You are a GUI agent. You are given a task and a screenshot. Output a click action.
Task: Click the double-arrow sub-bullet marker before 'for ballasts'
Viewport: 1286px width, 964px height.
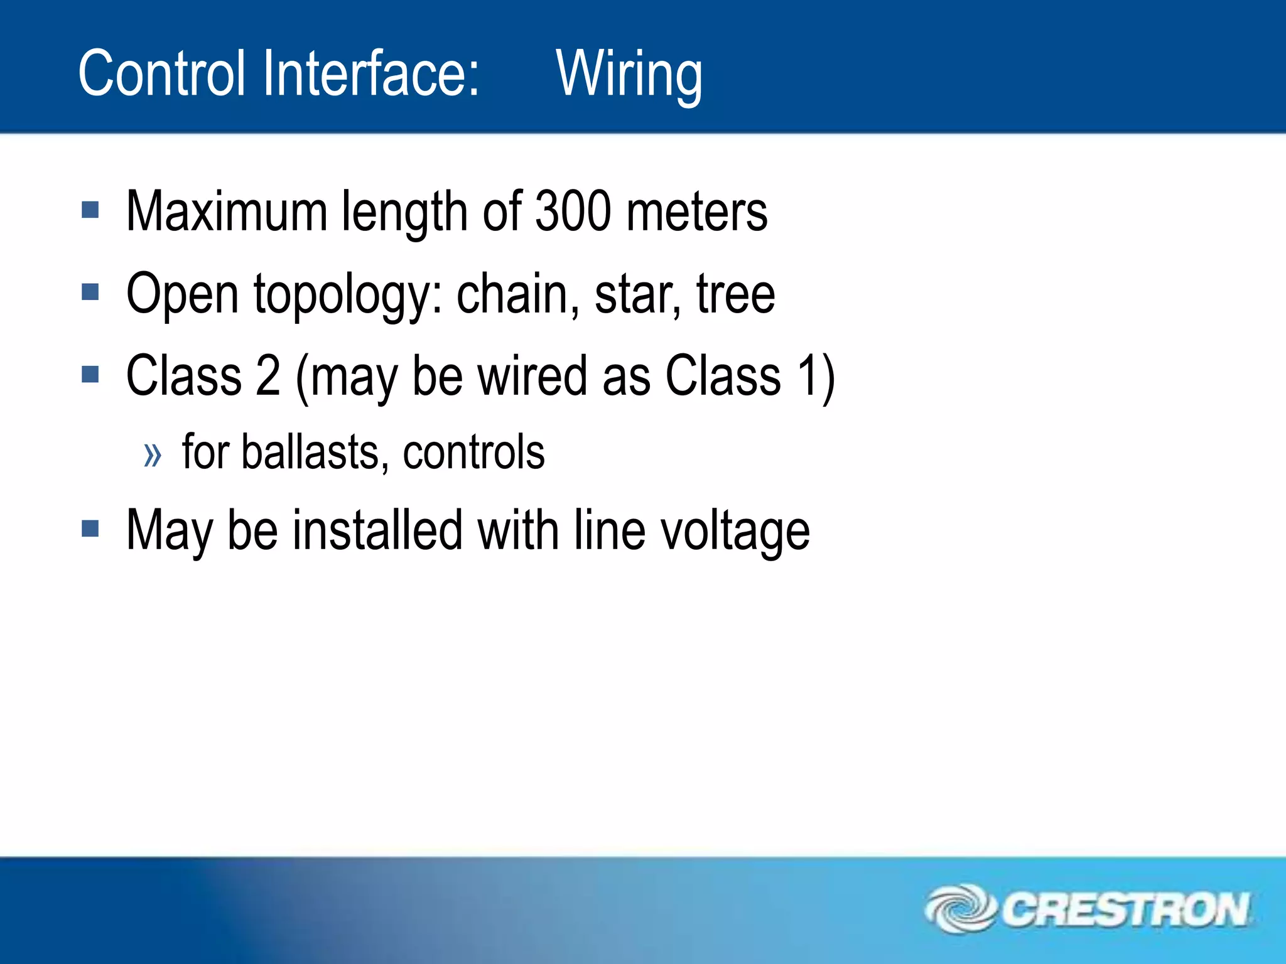pyautogui.click(x=153, y=454)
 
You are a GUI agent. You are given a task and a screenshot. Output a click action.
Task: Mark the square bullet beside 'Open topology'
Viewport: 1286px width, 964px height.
pyautogui.click(x=90, y=292)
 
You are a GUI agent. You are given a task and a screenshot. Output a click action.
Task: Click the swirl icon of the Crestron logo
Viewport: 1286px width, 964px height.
pyautogui.click(x=959, y=909)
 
